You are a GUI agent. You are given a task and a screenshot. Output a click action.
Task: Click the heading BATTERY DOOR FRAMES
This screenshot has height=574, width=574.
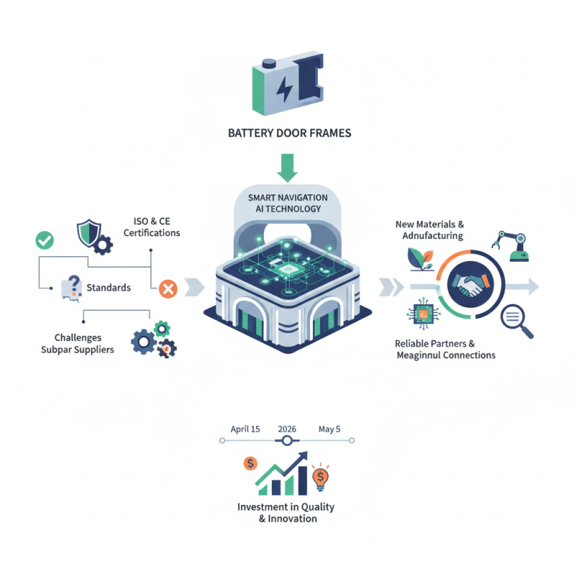click(x=288, y=133)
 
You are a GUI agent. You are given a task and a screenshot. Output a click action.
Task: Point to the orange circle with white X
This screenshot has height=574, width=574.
click(x=167, y=289)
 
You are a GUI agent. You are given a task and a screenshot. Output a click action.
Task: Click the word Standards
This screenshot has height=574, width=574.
click(x=108, y=288)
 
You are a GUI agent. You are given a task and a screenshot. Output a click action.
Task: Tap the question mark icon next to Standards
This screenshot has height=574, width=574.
click(x=72, y=286)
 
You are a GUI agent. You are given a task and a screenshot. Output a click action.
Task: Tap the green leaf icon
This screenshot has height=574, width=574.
click(x=415, y=258)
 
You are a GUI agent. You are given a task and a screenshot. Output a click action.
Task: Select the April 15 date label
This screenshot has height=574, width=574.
click(x=245, y=429)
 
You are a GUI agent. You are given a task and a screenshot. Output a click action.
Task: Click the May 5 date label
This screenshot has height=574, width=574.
click(x=329, y=429)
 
